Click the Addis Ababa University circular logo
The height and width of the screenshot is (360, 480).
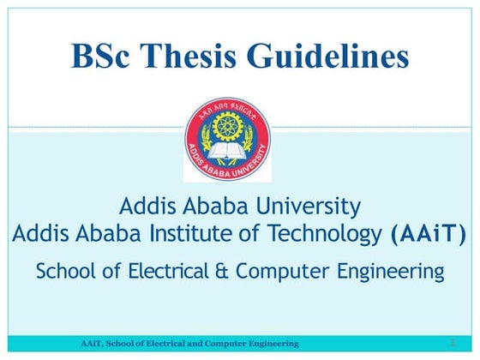click(x=227, y=140)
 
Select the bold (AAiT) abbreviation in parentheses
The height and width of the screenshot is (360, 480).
click(x=429, y=232)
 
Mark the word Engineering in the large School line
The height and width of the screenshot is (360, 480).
click(x=387, y=273)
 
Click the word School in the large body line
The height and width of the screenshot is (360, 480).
click(x=65, y=273)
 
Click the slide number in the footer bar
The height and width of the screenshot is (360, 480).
click(x=450, y=343)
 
